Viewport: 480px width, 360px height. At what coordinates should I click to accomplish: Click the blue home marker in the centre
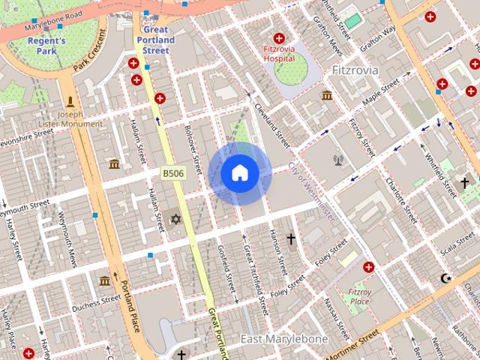pos(240,173)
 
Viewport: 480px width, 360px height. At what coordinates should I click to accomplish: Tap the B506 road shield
pos(173,173)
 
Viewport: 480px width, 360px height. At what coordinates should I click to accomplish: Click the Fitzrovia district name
pos(355,70)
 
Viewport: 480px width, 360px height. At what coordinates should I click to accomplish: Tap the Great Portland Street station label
pos(155,40)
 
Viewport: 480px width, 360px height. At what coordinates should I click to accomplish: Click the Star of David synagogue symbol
pos(176,218)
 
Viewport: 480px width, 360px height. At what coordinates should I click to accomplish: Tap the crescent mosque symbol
pos(447,278)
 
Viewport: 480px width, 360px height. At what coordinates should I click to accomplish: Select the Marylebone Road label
pos(52,23)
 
